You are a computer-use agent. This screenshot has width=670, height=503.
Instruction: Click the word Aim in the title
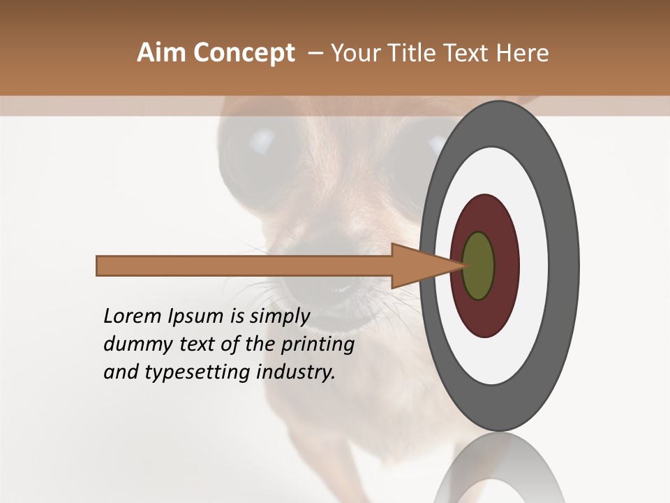(x=161, y=53)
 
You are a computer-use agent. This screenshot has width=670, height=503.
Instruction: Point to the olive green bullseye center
(x=479, y=266)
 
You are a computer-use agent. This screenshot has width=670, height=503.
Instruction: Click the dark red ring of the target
(x=485, y=318)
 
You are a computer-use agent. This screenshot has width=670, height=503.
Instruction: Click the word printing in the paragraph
(x=317, y=344)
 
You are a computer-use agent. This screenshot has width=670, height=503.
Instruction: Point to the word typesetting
(x=195, y=372)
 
